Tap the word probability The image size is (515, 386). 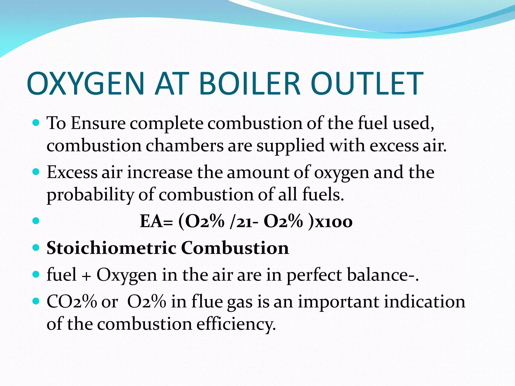coord(90,195)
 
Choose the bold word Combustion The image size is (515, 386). coord(235,248)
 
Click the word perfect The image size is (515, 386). coord(314,275)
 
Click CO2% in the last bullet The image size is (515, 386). coord(72,302)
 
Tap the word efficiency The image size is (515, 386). coord(236,324)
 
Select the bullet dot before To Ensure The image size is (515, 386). coord(36,123)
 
